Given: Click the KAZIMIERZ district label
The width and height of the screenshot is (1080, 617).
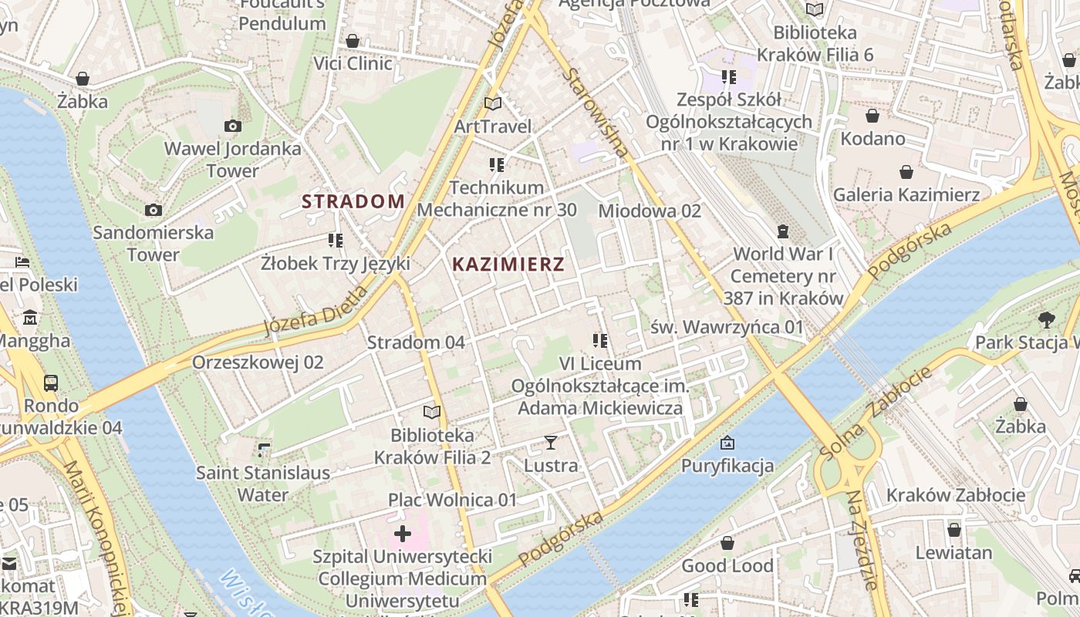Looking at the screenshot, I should tap(508, 265).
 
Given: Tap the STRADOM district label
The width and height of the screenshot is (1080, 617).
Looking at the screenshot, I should tap(353, 202).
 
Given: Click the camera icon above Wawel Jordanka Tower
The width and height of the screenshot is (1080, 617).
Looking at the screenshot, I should tap(232, 126).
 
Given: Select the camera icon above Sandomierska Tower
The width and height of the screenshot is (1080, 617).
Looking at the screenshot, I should tap(154, 210).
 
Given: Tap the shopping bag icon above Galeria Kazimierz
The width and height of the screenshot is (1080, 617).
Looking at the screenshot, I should tap(906, 172).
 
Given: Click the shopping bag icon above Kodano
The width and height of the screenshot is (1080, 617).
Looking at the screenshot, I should tap(872, 116).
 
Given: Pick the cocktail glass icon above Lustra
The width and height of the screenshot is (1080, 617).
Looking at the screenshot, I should tap(550, 443).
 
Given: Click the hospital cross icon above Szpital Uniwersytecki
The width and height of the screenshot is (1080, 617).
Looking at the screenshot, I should tap(402, 533).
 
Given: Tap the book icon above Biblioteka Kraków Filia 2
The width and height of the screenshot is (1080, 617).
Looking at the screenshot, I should tap(431, 413).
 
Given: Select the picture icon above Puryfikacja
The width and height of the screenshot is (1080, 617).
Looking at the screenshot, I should tap(727, 443).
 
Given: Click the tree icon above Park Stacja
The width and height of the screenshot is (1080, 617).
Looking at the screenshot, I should tap(1046, 319).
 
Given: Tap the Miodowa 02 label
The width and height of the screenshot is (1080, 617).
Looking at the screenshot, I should tap(650, 211).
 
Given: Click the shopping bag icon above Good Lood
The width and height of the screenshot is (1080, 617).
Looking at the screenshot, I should tap(727, 543).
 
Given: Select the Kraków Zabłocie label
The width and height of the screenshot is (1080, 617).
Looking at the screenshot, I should tap(956, 495).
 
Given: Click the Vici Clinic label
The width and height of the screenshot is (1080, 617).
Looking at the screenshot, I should tap(353, 63).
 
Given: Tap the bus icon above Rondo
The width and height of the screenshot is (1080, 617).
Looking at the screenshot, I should tap(51, 383).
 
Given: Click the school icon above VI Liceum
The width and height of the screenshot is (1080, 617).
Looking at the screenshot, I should tap(599, 340).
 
